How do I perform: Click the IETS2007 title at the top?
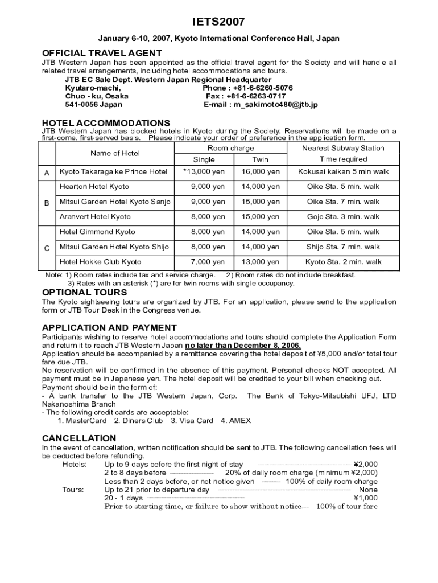pyautogui.click(x=218, y=22)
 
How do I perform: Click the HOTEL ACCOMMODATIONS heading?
pyautogui.click(x=106, y=123)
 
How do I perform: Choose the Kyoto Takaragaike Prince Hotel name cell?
pyautogui.click(x=114, y=171)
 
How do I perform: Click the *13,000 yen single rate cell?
pyautogui.click(x=204, y=171)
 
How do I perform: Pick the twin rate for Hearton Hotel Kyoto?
pyautogui.click(x=261, y=187)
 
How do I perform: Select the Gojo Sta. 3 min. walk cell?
pyautogui.click(x=343, y=217)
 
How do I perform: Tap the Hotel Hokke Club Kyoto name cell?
pyautogui.click(x=101, y=262)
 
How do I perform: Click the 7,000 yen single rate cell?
pyautogui.click(x=208, y=262)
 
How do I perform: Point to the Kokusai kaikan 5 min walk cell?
pyautogui.click(x=343, y=171)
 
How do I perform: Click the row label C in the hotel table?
pyautogui.click(x=47, y=248)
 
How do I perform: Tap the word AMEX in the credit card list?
pyautogui.click(x=239, y=421)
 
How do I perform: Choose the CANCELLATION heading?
pyautogui.click(x=79, y=438)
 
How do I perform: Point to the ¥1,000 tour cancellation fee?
pyautogui.click(x=365, y=498)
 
